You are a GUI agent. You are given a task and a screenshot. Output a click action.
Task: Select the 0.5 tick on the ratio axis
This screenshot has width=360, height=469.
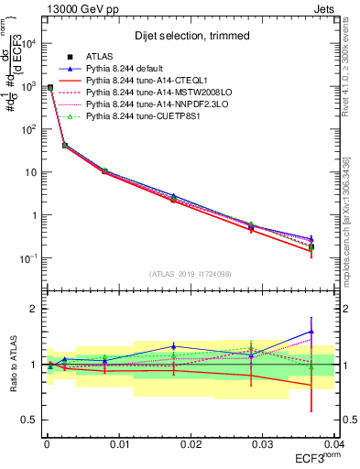click(x=29, y=420)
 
